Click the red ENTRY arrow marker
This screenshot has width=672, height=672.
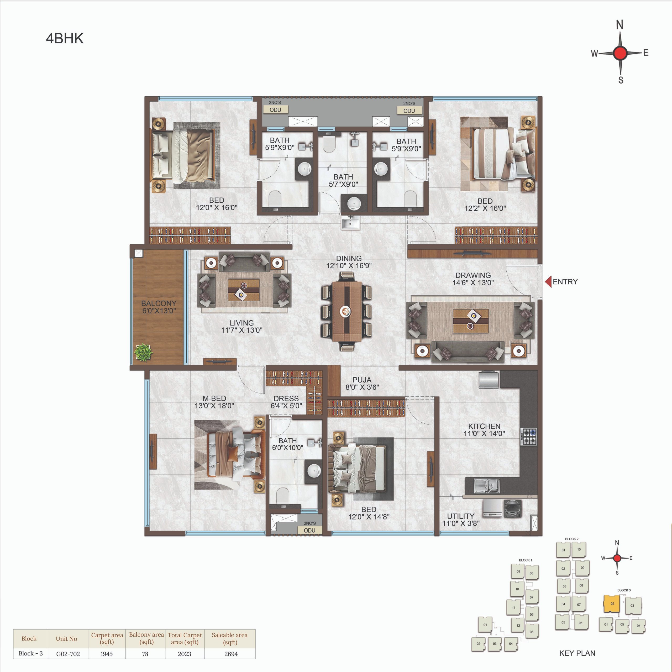548,282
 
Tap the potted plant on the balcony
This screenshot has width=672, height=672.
143,352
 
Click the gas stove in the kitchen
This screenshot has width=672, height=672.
529,437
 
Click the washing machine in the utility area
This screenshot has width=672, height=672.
513,508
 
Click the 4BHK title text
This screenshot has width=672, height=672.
65,38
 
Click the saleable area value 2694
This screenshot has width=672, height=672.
231,654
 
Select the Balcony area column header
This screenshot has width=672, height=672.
146,638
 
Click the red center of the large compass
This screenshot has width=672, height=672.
620,53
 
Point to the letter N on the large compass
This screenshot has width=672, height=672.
619,25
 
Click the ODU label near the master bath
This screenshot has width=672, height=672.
309,531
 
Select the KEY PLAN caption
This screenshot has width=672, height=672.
577,653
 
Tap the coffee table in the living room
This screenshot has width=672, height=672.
244,290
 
